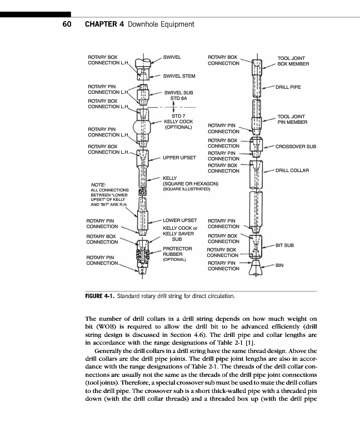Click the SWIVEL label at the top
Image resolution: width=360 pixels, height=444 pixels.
pyautogui.click(x=172, y=57)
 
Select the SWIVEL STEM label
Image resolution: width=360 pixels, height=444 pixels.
pyautogui.click(x=178, y=75)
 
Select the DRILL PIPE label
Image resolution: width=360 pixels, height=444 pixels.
pyautogui.click(x=289, y=87)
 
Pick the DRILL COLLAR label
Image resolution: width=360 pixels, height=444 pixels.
pyautogui.click(x=293, y=170)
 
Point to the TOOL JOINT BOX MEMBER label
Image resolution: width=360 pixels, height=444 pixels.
pyautogui.click(x=293, y=60)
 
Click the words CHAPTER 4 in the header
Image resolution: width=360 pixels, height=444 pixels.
pyautogui.click(x=103, y=24)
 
